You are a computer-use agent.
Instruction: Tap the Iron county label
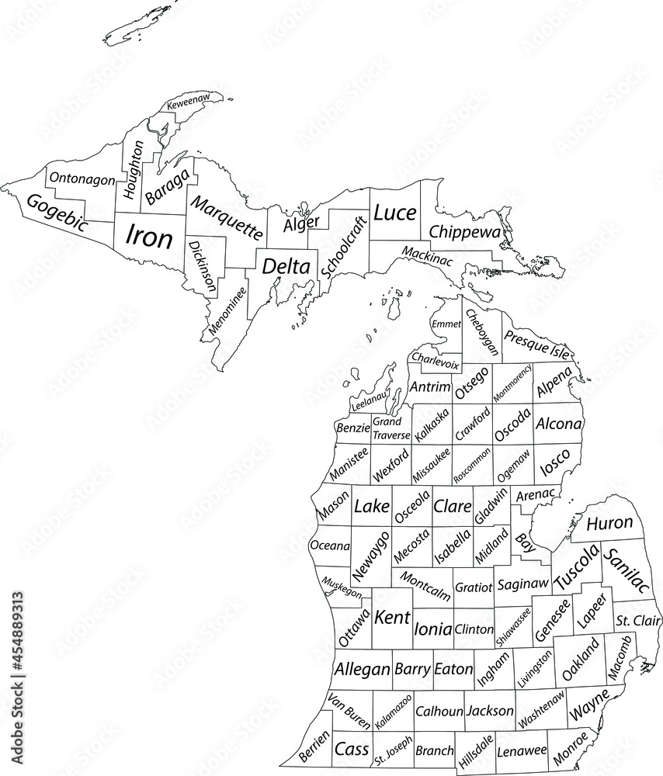[x=149, y=236]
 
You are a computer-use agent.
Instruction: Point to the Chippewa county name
[x=465, y=231]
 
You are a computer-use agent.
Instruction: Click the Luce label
[x=394, y=213]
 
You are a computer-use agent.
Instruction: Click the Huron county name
[x=609, y=524]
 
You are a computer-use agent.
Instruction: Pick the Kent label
[x=392, y=618]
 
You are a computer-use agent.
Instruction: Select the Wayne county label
[x=588, y=708]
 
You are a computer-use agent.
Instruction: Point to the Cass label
[x=351, y=750]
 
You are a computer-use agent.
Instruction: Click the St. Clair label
[x=637, y=621]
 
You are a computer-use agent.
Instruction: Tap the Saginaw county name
[x=522, y=583]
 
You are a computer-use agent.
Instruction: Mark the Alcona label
[x=558, y=424]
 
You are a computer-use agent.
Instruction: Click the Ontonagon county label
[x=82, y=178]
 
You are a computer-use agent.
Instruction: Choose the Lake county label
[x=372, y=507]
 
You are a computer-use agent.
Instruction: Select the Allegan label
[x=362, y=669]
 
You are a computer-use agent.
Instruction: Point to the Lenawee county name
[x=522, y=751]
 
